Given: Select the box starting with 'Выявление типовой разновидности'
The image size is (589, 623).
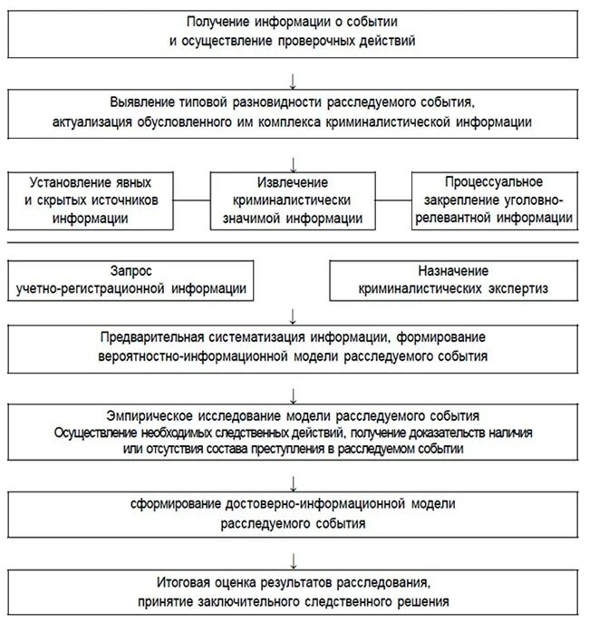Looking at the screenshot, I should point(294,111).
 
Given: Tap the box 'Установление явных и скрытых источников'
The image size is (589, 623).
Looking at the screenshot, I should point(94,200).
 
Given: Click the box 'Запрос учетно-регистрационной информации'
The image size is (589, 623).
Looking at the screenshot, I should point(130,280).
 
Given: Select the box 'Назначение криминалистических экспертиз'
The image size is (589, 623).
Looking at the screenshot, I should point(453,280).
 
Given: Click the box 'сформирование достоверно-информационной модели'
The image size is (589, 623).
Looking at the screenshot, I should point(294,514).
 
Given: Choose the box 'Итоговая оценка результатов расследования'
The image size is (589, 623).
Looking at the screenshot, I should point(294,592).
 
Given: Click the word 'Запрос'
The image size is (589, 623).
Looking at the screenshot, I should point(130,271).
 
